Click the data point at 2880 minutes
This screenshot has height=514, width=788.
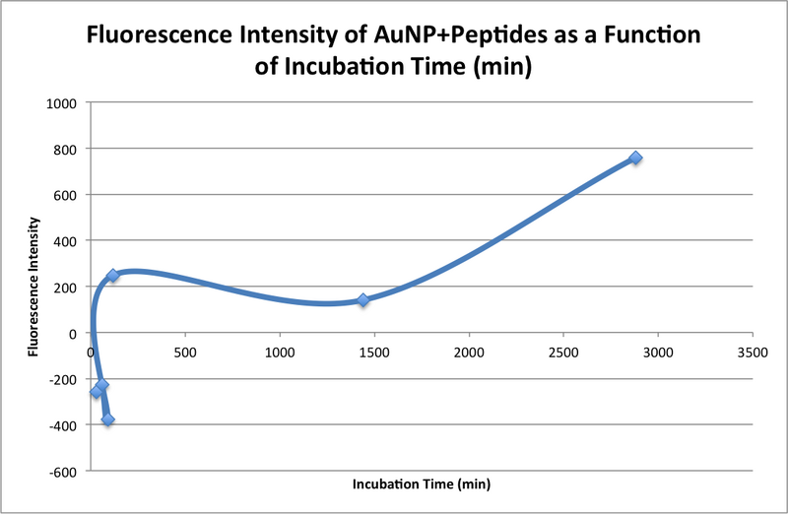click(635, 158)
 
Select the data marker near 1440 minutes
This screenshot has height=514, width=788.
click(363, 299)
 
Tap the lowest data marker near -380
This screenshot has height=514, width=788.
click(107, 419)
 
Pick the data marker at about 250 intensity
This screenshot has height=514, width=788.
click(113, 276)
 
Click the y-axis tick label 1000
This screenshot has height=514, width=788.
click(64, 102)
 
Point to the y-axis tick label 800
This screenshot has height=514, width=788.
click(68, 149)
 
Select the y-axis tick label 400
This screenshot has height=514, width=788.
click(68, 240)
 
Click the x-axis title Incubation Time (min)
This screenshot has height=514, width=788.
click(421, 484)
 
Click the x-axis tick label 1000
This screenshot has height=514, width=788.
click(280, 352)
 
